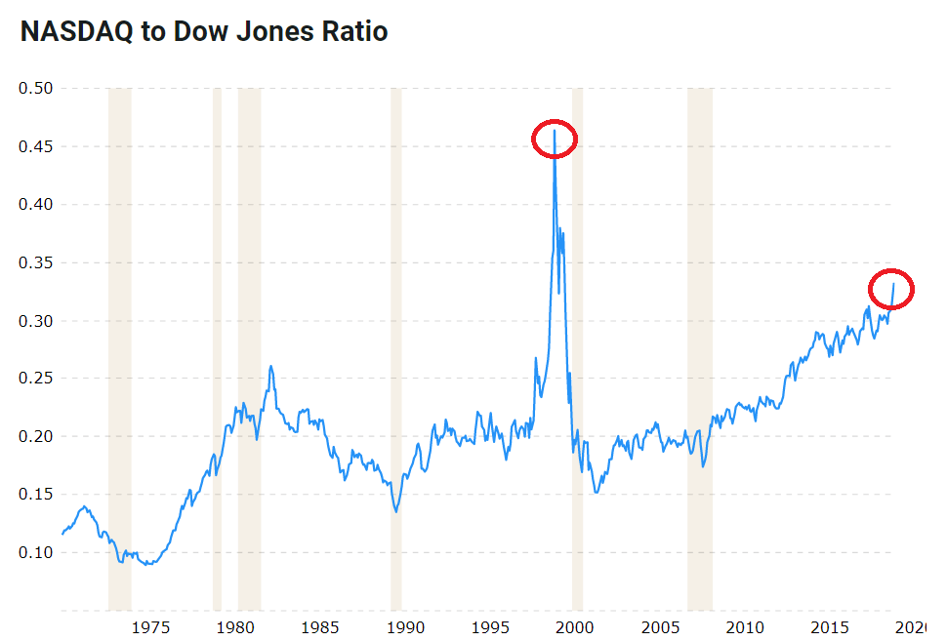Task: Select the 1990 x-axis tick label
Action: coord(406,625)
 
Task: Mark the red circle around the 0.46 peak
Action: coord(555,140)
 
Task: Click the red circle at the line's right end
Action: coord(890,289)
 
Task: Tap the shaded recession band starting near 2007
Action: coord(699,351)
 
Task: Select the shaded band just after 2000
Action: coord(577,351)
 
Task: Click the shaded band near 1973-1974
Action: coord(119,351)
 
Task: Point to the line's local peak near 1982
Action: coord(270,367)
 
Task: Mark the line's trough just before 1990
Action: coord(395,510)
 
